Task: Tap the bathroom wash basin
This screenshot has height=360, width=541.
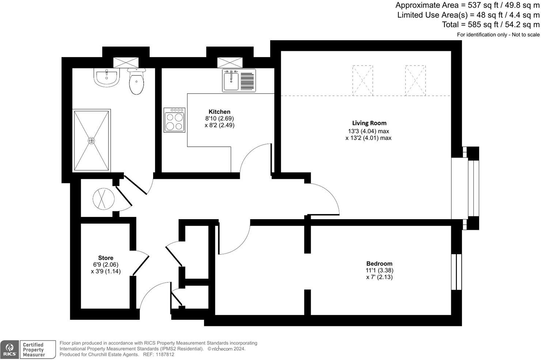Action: (x=106, y=77)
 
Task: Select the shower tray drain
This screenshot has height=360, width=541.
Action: (x=91, y=140)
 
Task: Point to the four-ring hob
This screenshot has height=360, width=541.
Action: (x=174, y=120)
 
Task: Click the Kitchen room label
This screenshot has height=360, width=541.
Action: (x=219, y=112)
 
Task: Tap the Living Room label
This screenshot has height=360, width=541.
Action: (x=369, y=123)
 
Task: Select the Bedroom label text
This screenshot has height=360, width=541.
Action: (x=379, y=263)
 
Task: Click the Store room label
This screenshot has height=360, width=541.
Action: (x=106, y=258)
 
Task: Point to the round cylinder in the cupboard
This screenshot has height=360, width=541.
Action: (x=104, y=199)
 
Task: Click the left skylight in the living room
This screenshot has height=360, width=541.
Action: (x=363, y=80)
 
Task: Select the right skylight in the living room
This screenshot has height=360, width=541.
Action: (x=415, y=80)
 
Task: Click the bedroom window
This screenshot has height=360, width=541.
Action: (x=457, y=272)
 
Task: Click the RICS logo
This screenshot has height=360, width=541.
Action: (x=10, y=349)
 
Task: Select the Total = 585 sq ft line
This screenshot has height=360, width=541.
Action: (x=491, y=25)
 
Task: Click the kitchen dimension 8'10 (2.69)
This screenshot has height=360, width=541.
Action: (x=219, y=119)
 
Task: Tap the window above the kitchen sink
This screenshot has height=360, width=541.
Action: (x=230, y=63)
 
